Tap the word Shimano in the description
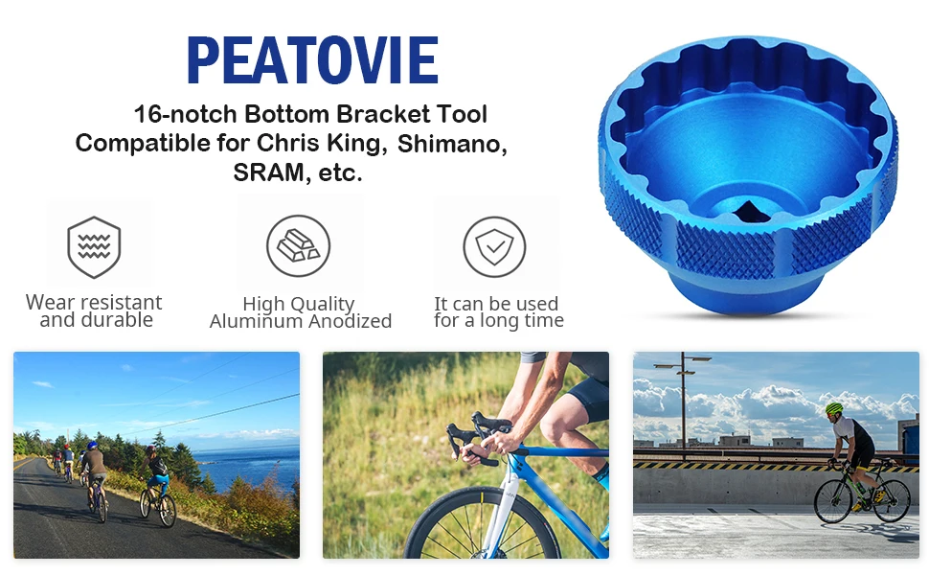451,144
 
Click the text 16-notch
183,114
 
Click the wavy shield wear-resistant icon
94,247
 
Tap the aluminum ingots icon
298,246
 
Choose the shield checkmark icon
494,247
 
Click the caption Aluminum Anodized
301,322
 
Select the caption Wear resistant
94,303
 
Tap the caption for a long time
498,321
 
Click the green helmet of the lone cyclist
834,409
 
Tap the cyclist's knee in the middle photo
557,418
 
